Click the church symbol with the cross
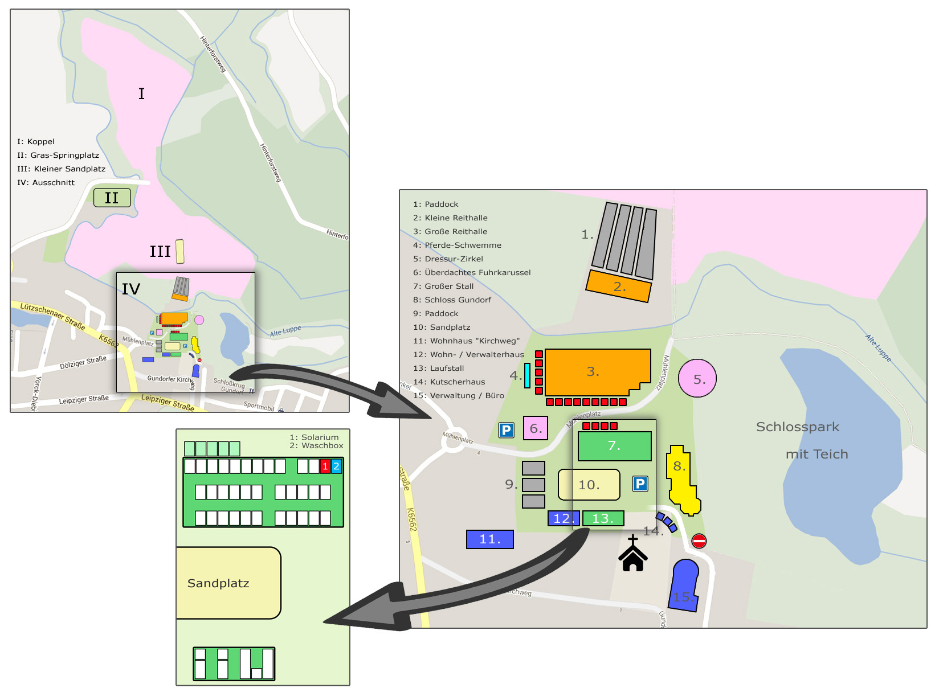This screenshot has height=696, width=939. point(632,554)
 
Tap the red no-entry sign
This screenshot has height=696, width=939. point(699,541)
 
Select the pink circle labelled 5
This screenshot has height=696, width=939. point(697,379)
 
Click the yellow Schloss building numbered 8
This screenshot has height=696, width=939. point(680,481)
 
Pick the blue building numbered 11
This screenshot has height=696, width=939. point(489,539)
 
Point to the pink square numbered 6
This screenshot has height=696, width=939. point(536,428)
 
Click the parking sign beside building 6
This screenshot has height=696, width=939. point(507,430)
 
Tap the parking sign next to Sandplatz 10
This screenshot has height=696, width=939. point(640,484)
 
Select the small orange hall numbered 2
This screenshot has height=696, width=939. point(618,286)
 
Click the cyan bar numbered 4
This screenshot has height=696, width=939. point(527,375)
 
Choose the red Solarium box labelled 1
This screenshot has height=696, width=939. point(325,466)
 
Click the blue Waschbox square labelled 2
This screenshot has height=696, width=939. point(336,466)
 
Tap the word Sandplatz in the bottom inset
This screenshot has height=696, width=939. point(218,583)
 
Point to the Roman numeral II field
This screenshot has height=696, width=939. point(112,198)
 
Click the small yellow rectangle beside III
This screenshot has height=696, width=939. point(180,251)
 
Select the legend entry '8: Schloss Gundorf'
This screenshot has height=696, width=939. point(452,300)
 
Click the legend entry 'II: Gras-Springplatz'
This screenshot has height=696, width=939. point(58,155)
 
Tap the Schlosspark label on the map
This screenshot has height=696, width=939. point(797,427)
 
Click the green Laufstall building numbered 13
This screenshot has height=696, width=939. point(603,518)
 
